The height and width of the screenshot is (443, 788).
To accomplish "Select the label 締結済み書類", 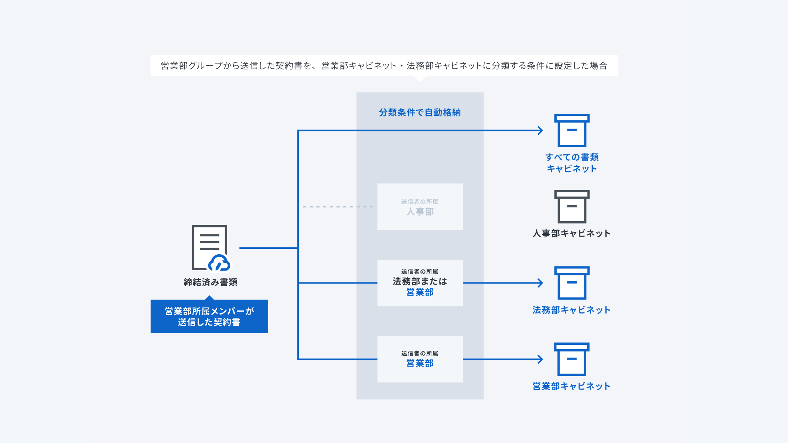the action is point(210,282).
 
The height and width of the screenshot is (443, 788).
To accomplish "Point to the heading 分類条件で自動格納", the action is point(420,113).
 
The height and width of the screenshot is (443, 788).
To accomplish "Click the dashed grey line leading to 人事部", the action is point(338,207).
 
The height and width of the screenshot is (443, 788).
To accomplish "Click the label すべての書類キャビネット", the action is point(572,163).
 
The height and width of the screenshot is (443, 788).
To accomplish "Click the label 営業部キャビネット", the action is point(571,386).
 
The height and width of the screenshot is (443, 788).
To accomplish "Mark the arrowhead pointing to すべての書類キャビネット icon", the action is point(541,130).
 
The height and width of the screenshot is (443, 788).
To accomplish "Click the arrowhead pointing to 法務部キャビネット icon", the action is point(541,283).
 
